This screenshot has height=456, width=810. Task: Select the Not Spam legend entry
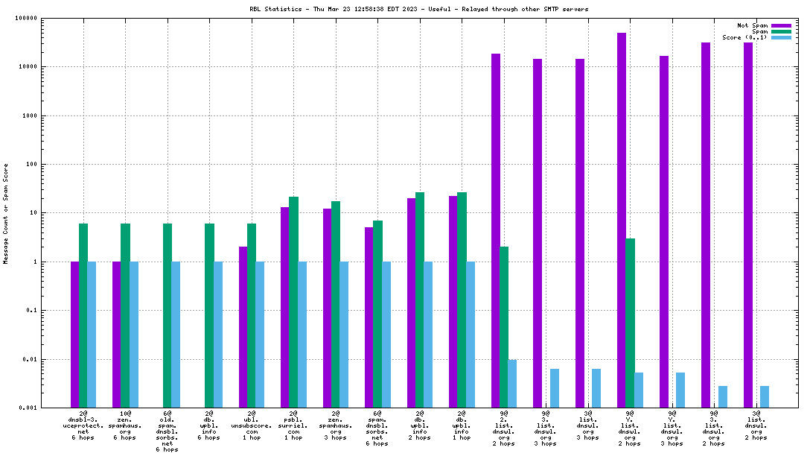click(753, 25)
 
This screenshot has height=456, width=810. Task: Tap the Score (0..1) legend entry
click(744, 37)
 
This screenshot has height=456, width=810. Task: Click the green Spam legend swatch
click(781, 31)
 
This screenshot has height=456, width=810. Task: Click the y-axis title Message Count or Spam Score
click(6, 213)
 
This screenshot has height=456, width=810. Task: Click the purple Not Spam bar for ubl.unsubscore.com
click(243, 327)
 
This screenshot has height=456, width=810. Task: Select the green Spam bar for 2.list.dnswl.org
click(504, 327)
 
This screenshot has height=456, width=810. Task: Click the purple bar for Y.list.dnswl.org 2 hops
click(622, 220)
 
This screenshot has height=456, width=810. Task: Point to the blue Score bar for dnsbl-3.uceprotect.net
click(92, 335)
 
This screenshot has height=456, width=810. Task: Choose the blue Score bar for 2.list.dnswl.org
click(512, 384)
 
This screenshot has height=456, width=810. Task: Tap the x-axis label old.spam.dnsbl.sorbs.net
click(168, 430)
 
